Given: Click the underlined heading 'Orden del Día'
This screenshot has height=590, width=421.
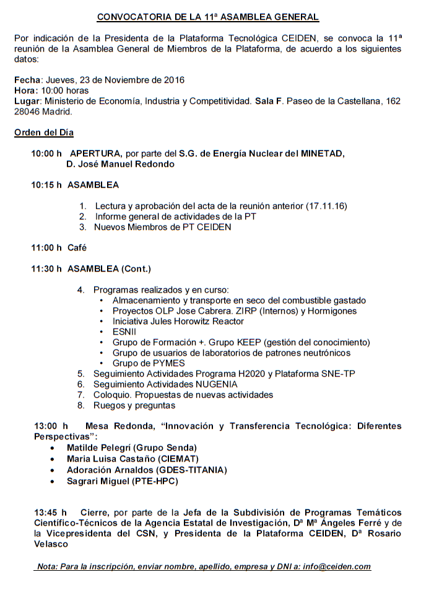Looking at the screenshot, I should tap(44, 132).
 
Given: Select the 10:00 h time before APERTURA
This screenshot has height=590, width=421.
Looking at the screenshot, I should tap(47, 153).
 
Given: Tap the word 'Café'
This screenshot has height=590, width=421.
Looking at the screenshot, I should tap(77, 248).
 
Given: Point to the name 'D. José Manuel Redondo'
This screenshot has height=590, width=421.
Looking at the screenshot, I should tap(120, 164).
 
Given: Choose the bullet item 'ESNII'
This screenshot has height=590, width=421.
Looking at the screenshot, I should tap(124, 332).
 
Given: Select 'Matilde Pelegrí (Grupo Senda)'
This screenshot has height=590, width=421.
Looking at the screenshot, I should tap(131, 447).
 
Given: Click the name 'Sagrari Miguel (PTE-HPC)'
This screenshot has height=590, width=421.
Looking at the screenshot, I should tap(123, 481).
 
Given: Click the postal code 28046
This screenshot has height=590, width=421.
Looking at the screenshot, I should tap(27, 112).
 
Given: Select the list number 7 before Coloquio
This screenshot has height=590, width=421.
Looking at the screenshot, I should tap(80, 395).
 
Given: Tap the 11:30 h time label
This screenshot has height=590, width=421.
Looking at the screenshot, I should tap(47, 269).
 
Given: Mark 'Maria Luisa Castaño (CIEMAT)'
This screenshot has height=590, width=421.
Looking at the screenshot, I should tap(132, 459).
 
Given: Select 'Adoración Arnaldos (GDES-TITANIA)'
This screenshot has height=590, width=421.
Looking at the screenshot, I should tap(147, 470).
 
